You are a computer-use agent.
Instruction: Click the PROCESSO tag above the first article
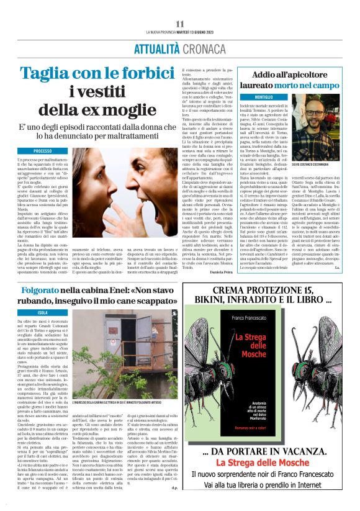43,151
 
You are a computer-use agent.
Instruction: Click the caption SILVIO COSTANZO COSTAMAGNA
323,163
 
